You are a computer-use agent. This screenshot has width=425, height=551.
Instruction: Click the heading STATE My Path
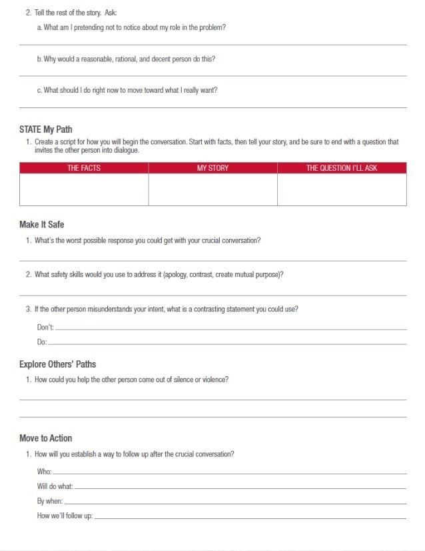coord(46,129)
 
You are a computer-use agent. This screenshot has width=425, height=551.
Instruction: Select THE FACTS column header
coord(84,168)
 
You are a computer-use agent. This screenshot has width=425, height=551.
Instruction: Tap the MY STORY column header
coord(212,168)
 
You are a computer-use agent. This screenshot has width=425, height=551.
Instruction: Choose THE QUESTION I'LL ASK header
coord(341,168)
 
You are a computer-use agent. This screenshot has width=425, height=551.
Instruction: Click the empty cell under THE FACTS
coord(84,190)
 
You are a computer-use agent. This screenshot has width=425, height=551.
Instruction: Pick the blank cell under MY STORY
coord(212,190)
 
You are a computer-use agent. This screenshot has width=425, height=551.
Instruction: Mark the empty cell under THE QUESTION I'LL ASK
coord(341,190)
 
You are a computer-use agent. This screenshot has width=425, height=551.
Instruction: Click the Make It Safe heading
coord(42,225)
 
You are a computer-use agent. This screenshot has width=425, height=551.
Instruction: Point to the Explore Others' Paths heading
coord(58,364)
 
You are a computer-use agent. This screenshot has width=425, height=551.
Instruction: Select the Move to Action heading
coord(46,438)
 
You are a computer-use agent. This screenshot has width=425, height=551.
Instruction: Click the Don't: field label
coord(45,328)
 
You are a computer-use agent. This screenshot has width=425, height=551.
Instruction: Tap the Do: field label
coord(42,342)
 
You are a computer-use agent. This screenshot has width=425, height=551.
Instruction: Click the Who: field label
coord(44,472)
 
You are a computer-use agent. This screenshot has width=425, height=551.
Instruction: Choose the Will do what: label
coord(55,486)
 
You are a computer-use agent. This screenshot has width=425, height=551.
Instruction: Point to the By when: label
coord(50,501)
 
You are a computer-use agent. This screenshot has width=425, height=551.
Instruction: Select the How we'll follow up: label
coord(65,516)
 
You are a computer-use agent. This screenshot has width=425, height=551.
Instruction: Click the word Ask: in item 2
coord(110,13)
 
